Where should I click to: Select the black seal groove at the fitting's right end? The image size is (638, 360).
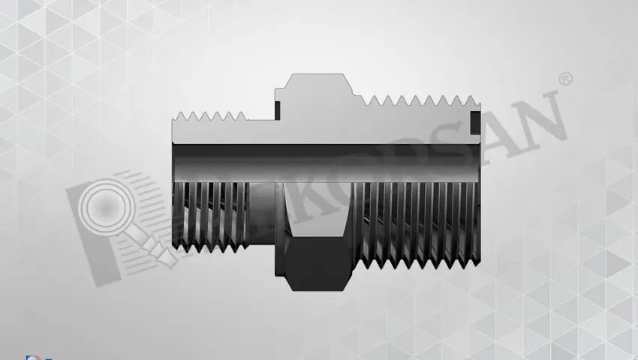[x=474, y=122]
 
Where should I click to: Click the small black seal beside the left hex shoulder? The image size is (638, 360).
[x=277, y=109]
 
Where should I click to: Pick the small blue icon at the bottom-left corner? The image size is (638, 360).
[x=31, y=357]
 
